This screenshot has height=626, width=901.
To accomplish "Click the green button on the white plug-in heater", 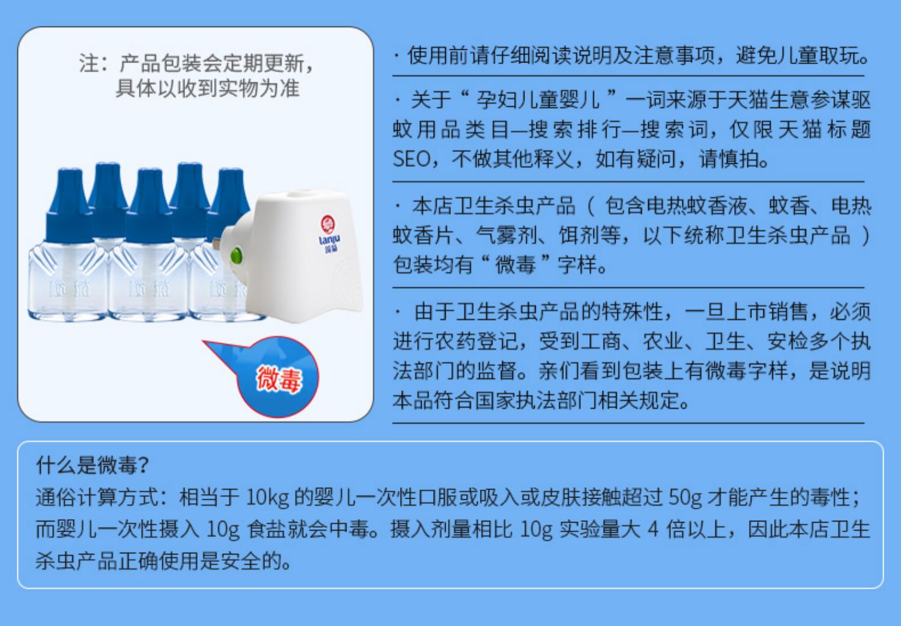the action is tap(236, 256).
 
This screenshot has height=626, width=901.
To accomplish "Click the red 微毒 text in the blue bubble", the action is tap(279, 378).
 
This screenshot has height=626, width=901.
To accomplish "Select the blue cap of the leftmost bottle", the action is tap(69, 205).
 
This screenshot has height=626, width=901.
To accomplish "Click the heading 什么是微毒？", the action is tap(93, 465).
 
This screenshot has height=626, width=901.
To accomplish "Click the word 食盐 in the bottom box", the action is tap(267, 529).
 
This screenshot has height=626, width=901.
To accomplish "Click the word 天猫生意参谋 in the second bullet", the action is tap(788, 100).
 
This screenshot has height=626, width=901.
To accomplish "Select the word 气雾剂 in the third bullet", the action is tap(506, 235).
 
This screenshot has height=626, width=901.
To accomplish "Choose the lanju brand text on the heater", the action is tap(329, 240).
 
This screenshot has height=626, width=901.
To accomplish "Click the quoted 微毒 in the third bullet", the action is tap(515, 265).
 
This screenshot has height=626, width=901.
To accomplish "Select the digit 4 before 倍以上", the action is tap(653, 529).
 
